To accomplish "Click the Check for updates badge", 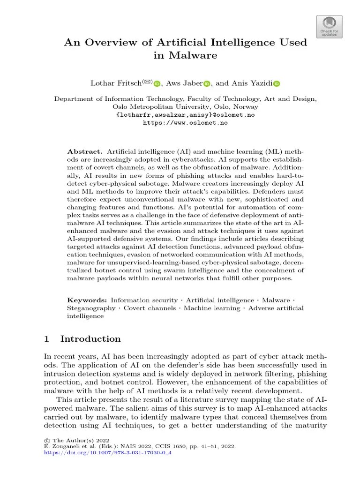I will (x=330, y=27).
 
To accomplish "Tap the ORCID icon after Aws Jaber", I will (x=207, y=84).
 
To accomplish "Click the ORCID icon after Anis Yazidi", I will (x=276, y=84).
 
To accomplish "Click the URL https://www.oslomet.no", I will (x=185, y=122).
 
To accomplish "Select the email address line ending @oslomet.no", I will (x=185, y=115).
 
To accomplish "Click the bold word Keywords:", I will (x=88, y=300).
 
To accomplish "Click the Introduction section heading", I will (x=90, y=339).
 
